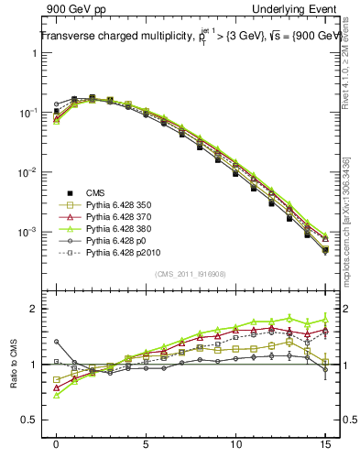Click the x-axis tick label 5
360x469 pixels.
[147, 443]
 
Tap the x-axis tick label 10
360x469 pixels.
[236, 443]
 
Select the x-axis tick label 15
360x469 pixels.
[326, 443]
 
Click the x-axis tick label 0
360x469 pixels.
[57, 443]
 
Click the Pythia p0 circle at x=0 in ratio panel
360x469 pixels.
[57, 342]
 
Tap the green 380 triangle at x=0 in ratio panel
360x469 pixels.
[57, 395]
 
